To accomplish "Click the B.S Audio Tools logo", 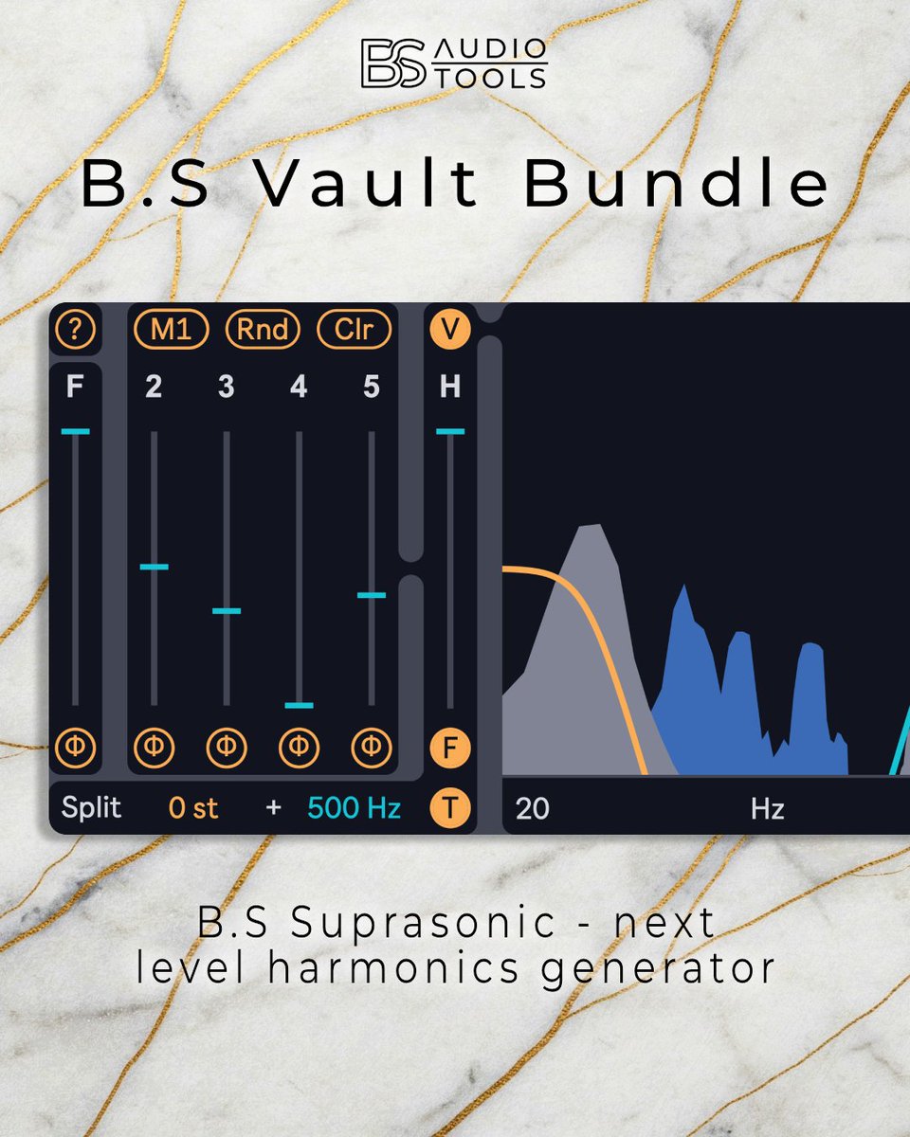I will (x=453, y=64).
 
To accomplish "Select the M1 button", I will (x=171, y=330).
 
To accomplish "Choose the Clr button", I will (x=354, y=330).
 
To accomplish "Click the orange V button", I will (x=450, y=330).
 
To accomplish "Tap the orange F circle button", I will (x=450, y=749).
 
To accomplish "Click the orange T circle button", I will (x=450, y=808).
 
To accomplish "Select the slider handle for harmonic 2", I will (x=154, y=567).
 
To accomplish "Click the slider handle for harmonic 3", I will (x=227, y=610).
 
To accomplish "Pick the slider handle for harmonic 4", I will (x=299, y=705).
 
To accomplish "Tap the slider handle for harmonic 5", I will (x=372, y=595).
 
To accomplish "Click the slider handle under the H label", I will (x=450, y=431).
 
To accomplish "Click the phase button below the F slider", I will (x=75, y=749).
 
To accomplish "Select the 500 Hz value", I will (x=354, y=808).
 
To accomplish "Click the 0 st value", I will (x=193, y=808).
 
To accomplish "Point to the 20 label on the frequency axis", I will (x=533, y=809).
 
